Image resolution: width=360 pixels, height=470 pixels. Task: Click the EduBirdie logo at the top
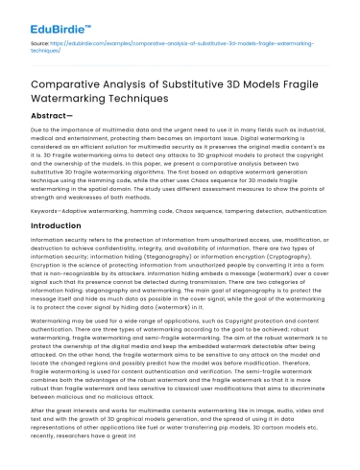pyautogui.click(x=44, y=17)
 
